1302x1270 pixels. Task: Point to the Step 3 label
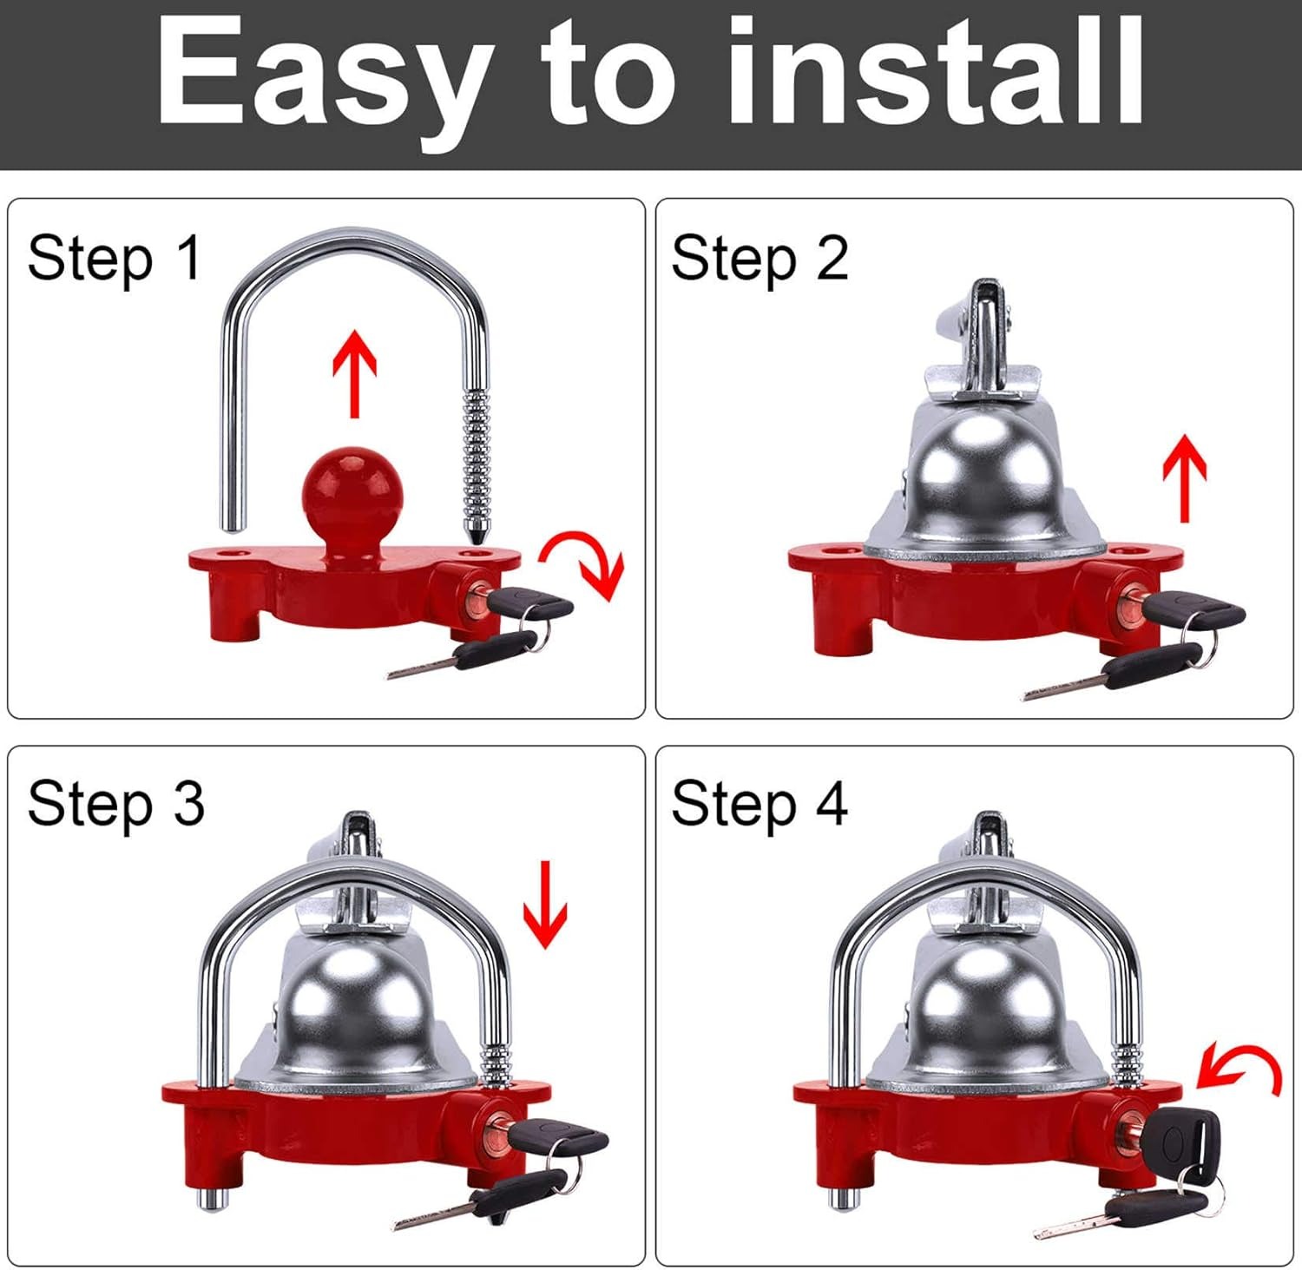pos(115,804)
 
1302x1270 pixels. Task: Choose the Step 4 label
pos(759,804)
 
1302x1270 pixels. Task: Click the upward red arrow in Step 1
pos(355,373)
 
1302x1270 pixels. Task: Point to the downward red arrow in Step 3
pos(544,904)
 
